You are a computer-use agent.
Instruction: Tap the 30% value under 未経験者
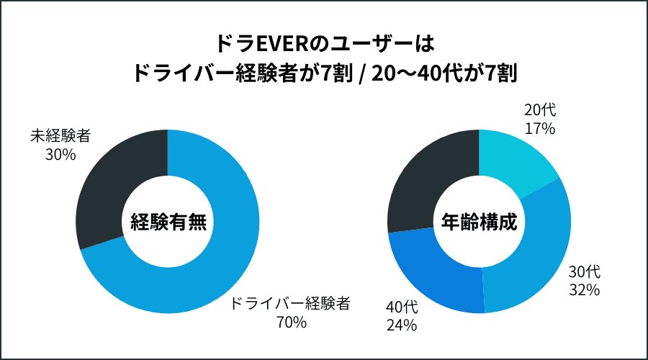pos(60,153)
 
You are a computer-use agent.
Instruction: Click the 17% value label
pos(539,129)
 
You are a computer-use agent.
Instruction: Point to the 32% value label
pos(584,290)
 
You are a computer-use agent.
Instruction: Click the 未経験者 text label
pos(60,135)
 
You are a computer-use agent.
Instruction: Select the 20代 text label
pos(539,111)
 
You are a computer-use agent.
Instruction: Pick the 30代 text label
pos(584,272)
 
